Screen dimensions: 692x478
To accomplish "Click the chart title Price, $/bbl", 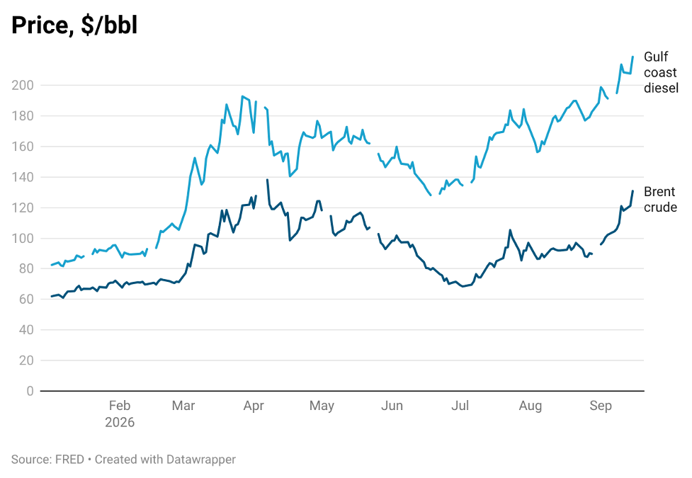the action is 74,25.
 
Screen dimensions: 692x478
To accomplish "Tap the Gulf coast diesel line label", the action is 661,72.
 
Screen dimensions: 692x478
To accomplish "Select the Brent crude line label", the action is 660,200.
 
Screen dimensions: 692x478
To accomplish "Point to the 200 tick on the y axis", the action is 23,85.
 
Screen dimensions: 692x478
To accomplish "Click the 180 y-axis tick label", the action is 23,115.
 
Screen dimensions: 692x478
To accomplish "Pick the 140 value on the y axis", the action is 23,177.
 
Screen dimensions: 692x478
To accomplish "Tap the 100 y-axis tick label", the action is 23,239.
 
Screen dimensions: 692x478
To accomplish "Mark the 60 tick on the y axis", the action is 26,300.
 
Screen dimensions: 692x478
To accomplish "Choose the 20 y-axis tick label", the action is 26,360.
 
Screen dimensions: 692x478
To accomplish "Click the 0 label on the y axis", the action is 30,391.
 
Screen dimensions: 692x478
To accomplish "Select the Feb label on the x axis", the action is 120,406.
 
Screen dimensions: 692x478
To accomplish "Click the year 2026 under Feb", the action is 120,422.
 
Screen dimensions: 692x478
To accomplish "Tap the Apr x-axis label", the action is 254,406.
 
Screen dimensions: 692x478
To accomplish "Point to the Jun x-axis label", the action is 392,406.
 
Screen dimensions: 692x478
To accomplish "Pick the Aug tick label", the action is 530,406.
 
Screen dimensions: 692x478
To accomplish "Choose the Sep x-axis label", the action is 601,406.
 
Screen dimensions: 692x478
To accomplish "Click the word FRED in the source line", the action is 69,460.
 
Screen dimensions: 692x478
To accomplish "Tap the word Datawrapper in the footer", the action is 201,460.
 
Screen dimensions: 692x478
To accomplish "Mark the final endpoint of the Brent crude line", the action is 633,190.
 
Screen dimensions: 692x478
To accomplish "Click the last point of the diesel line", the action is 633,57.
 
